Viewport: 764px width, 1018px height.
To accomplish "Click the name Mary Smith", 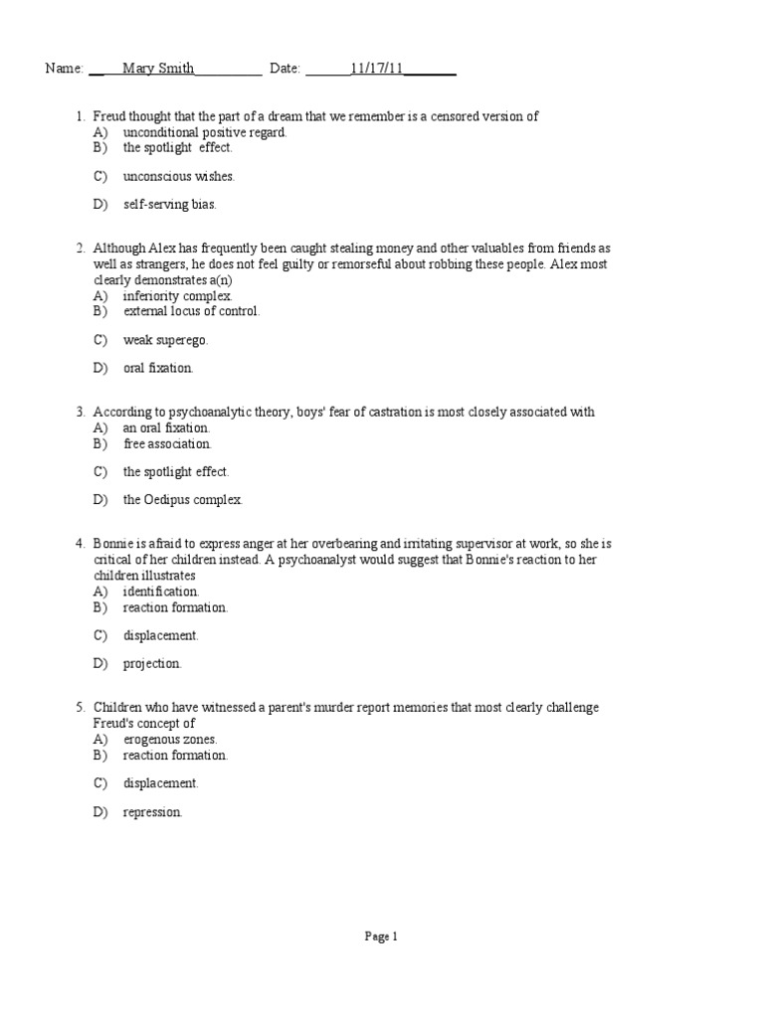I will point(158,69).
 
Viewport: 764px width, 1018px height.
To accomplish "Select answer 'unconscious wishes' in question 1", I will point(178,176).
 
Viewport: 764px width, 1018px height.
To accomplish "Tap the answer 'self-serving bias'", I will point(169,205).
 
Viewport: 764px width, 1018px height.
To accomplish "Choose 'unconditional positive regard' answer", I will point(204,132).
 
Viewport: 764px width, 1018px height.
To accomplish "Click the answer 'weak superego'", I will point(165,340).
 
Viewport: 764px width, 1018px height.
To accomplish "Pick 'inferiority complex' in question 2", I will point(177,296).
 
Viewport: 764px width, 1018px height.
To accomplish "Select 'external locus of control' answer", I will point(191,311).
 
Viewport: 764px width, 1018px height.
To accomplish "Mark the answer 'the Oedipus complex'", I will point(182,500).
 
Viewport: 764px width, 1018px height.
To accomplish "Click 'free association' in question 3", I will point(167,444).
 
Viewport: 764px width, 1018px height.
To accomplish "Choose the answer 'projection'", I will point(152,663).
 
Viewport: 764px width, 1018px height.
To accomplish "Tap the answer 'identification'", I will point(161,592).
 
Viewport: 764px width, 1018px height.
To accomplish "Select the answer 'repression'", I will point(152,812).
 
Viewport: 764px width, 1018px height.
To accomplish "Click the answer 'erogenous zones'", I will point(170,740).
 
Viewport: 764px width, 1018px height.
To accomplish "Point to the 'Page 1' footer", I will point(381,935).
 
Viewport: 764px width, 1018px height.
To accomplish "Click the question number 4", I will point(79,544).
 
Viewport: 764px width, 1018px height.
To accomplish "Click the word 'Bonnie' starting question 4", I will point(112,544).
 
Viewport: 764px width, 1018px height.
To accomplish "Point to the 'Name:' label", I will point(64,69).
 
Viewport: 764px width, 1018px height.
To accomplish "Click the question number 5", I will point(79,708).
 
